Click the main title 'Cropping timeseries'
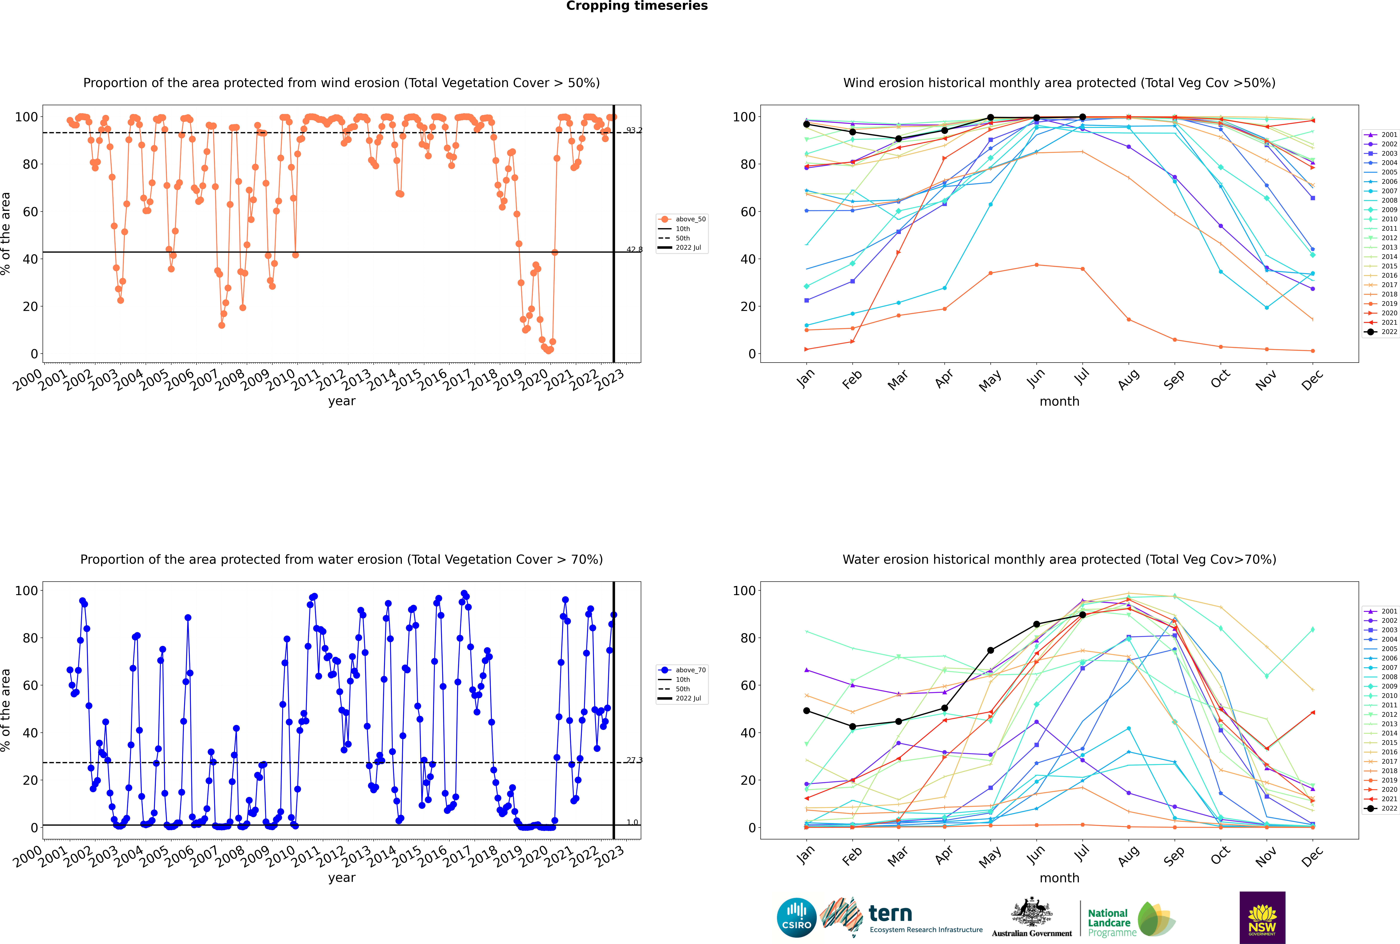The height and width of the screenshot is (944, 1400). [637, 6]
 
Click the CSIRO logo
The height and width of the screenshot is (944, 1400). [796, 918]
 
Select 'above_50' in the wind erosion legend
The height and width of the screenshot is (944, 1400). [690, 219]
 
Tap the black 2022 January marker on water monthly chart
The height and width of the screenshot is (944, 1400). [807, 711]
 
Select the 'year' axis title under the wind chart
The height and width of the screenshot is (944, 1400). [342, 402]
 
